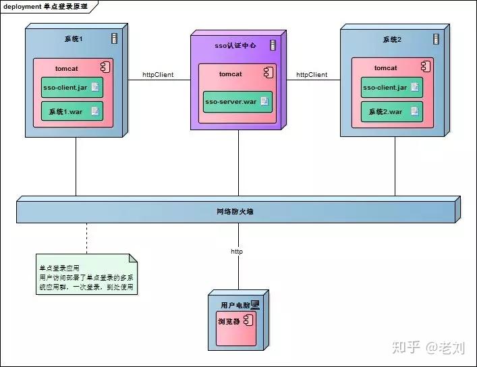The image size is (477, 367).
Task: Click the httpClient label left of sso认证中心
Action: tap(158, 75)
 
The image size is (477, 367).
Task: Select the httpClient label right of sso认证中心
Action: tap(312, 75)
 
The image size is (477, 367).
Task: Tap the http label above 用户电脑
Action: tap(237, 251)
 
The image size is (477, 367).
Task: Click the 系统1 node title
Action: tap(74, 38)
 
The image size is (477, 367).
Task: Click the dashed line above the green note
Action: tap(86, 238)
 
